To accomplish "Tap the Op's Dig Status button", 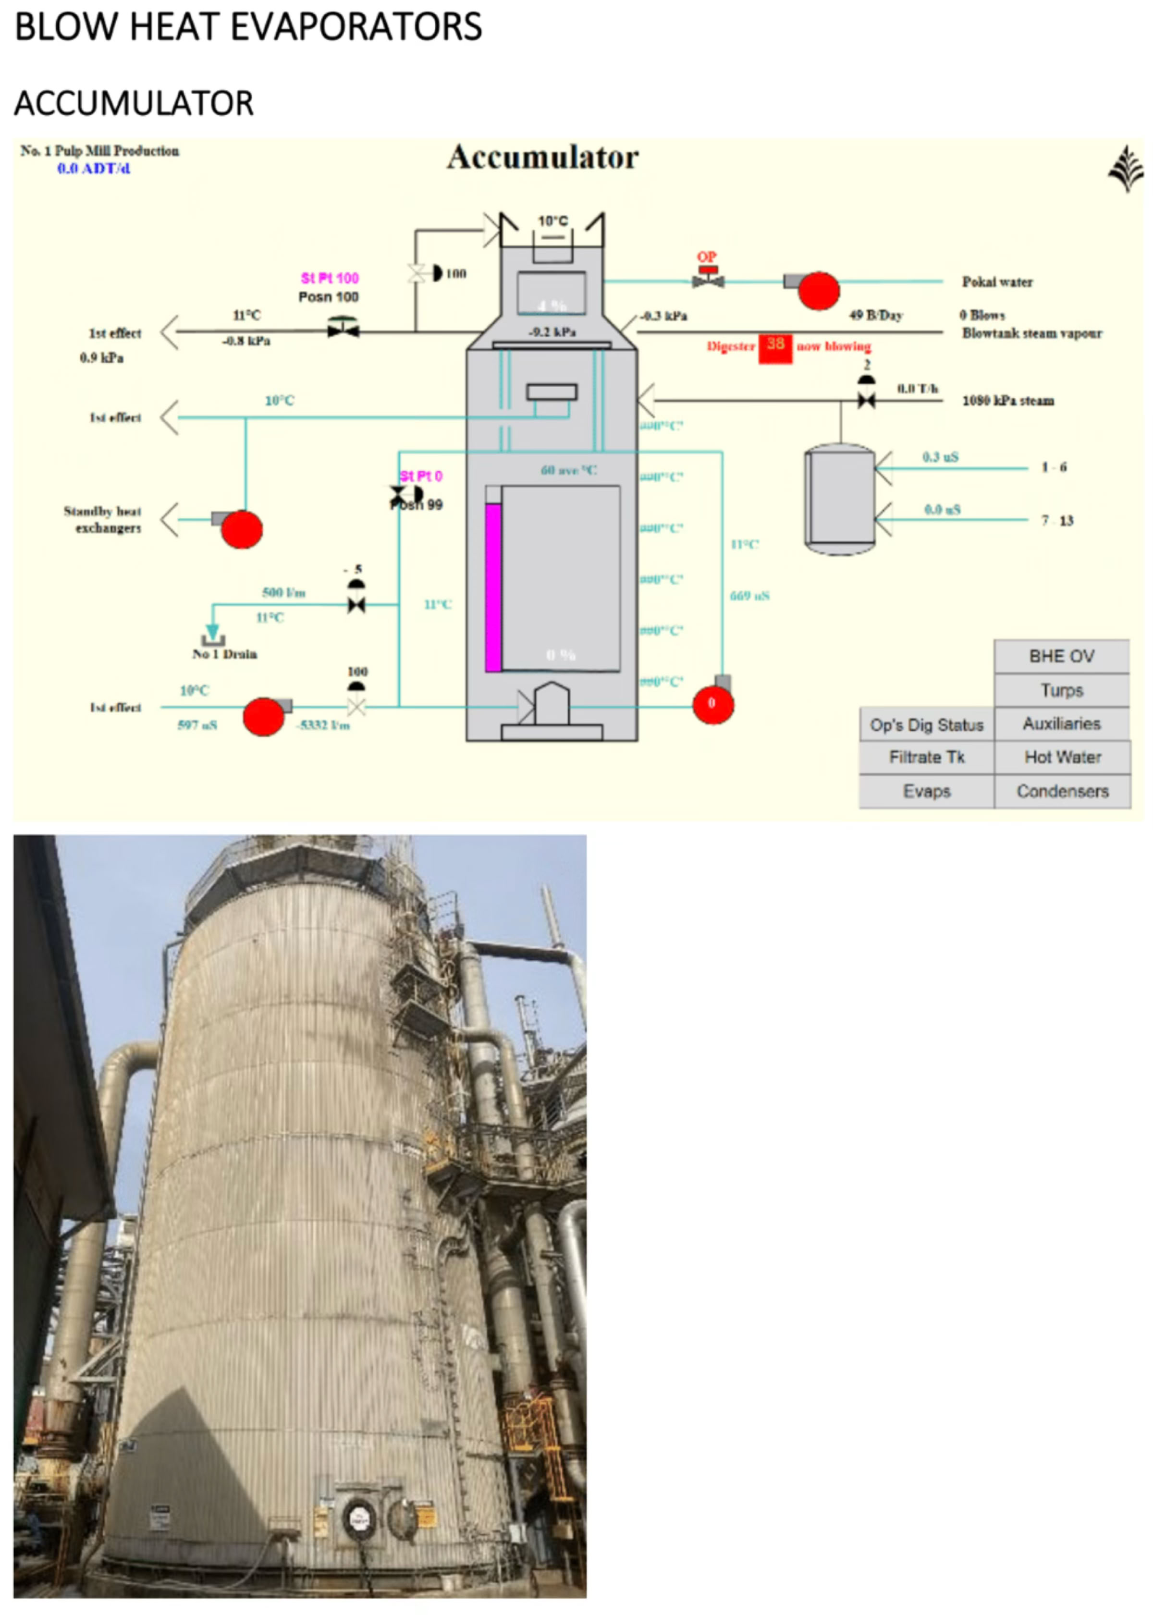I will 927,724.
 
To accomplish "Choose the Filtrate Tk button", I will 927,758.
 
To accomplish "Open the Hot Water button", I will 1062,758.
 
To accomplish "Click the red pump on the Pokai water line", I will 819,290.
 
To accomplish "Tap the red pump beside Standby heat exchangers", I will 241,529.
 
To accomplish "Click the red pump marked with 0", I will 713,704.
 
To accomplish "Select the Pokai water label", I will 997,282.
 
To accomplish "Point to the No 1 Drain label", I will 224,654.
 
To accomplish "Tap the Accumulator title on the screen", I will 542,158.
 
